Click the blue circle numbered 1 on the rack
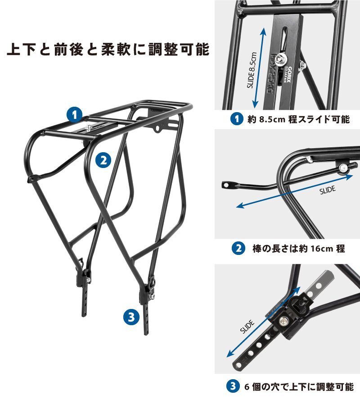click(74, 115)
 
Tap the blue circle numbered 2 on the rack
click(103, 160)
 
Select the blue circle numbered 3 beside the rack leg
click(131, 317)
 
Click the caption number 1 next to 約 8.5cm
click(237, 119)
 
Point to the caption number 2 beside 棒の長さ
click(238, 248)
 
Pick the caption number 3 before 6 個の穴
click(233, 386)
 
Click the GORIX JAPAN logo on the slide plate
click(287, 74)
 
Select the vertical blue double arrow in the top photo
click(259, 68)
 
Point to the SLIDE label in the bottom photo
click(247, 327)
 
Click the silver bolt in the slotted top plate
click(279, 59)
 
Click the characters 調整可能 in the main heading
click(179, 49)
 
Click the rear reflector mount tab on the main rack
click(157, 128)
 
